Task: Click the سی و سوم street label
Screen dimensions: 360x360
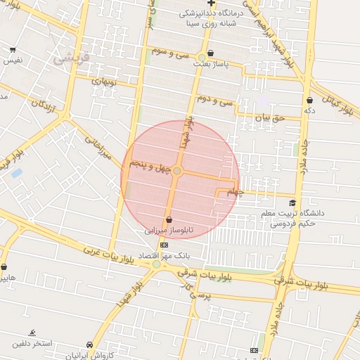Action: (x=172, y=52)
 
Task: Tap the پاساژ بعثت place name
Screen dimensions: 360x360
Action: (x=224, y=63)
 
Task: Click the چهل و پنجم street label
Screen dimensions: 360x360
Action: (x=149, y=167)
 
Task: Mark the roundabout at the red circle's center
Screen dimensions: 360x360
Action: (x=178, y=171)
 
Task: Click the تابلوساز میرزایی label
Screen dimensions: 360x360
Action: (x=168, y=230)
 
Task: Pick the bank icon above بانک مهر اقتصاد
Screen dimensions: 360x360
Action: (x=164, y=245)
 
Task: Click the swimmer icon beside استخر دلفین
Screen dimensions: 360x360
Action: (x=32, y=333)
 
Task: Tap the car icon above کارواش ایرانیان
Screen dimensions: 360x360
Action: (x=89, y=345)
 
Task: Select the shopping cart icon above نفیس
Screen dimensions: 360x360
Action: (x=13, y=50)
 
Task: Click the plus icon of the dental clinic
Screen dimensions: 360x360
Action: (x=212, y=4)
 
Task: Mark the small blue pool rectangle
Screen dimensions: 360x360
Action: (x=16, y=172)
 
